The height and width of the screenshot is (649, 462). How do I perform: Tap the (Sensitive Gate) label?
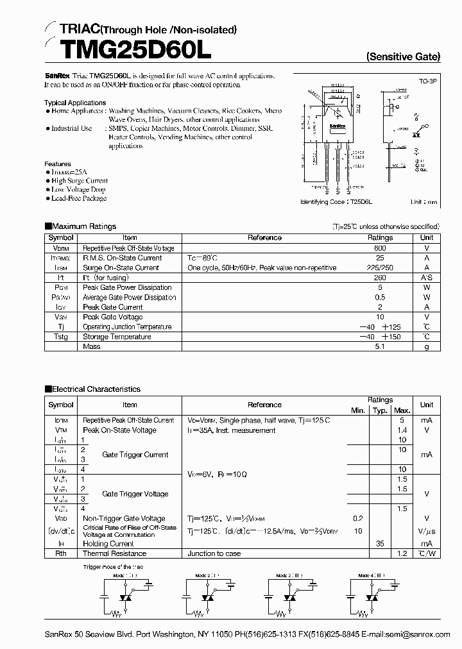click(x=403, y=56)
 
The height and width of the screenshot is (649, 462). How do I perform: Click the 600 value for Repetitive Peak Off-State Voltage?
click(x=380, y=248)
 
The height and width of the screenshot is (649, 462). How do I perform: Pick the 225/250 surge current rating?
click(x=380, y=268)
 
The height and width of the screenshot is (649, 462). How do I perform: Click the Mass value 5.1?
click(x=380, y=347)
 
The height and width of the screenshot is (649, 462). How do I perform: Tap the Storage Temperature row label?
click(x=117, y=337)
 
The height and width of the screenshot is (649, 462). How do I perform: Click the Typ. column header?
click(x=380, y=410)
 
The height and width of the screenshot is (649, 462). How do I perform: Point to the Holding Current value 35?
click(x=380, y=543)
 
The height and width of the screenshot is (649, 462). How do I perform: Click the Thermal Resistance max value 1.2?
click(x=402, y=553)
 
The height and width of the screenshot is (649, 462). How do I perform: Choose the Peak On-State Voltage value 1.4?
click(x=402, y=430)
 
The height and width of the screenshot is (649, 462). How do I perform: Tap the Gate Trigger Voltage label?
click(x=135, y=494)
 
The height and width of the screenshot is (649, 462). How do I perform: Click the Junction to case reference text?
click(x=214, y=553)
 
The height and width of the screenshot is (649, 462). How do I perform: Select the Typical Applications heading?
click(x=75, y=103)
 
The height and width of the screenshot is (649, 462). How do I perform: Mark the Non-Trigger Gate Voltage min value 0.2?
click(x=357, y=519)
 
